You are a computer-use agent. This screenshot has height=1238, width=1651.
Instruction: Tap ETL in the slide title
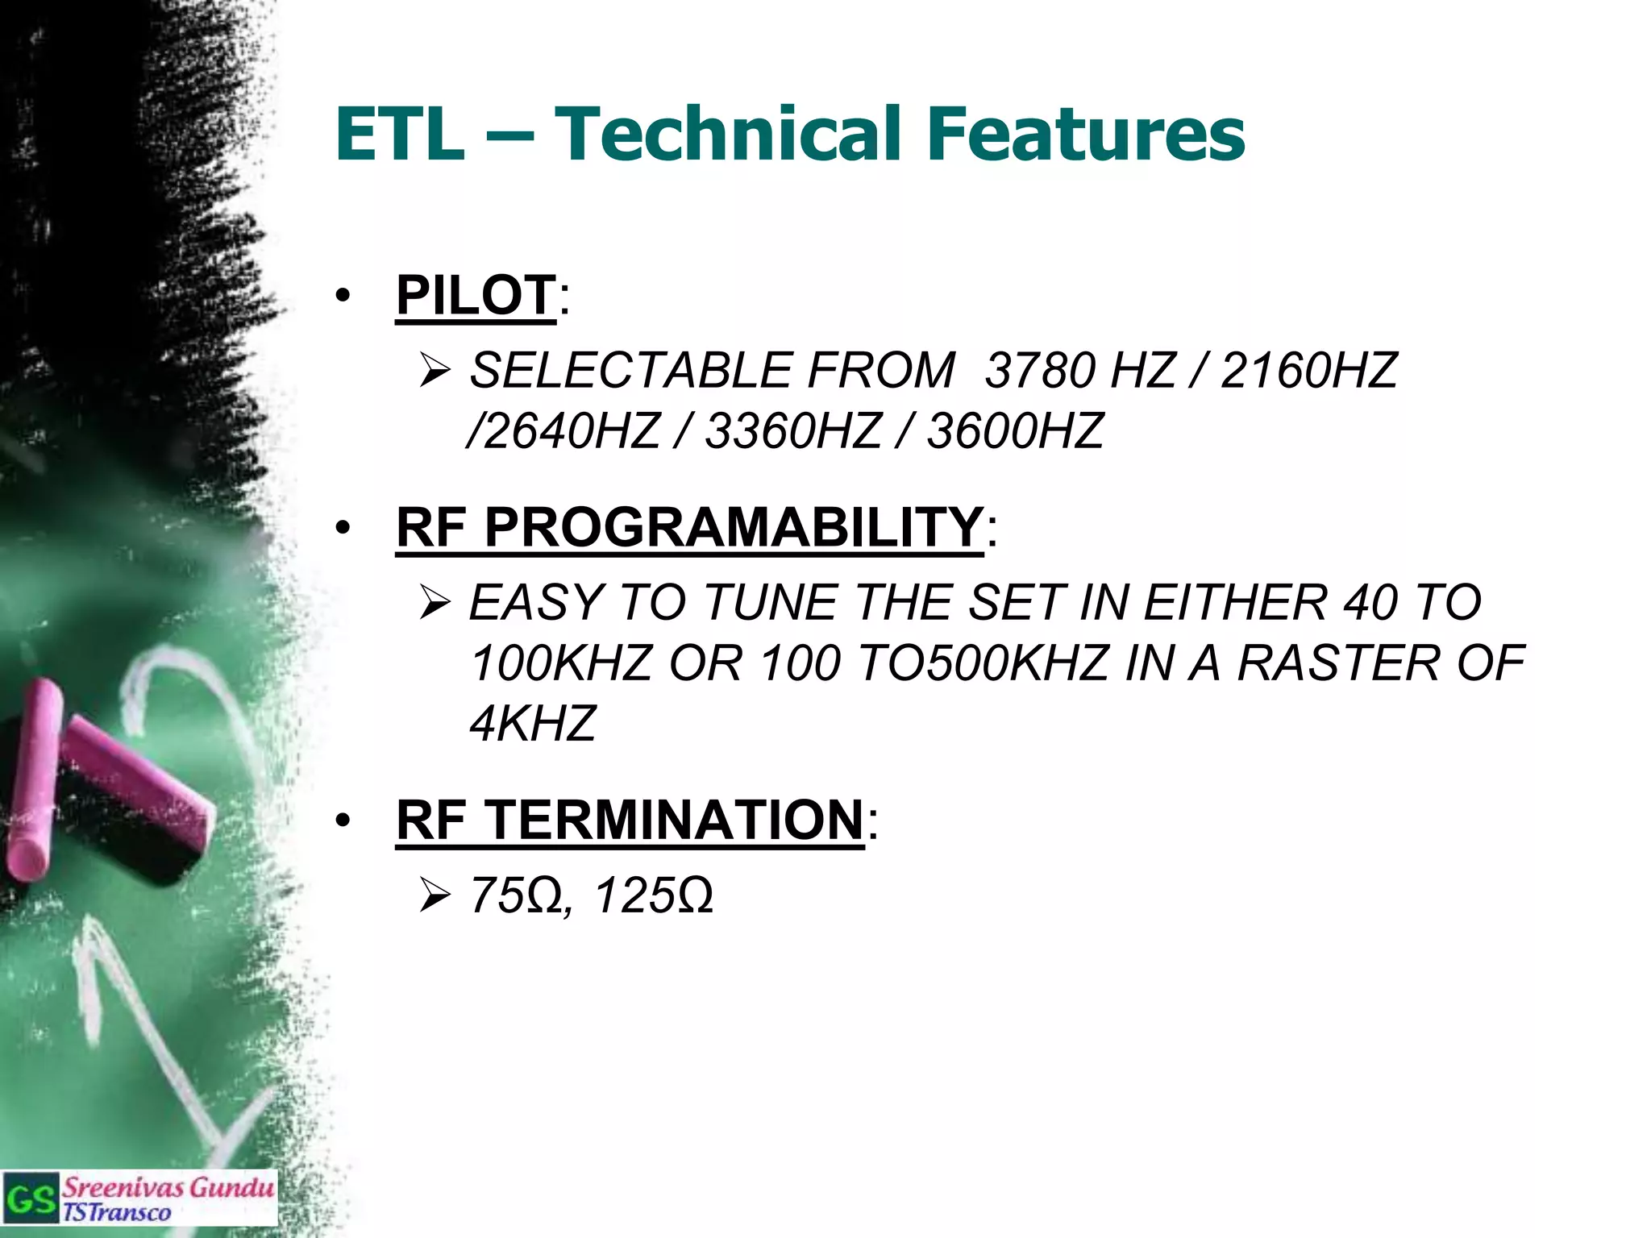click(x=399, y=135)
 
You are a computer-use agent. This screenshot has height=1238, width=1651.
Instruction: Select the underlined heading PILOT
click(x=476, y=295)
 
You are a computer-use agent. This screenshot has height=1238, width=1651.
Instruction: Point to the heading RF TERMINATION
click(x=630, y=820)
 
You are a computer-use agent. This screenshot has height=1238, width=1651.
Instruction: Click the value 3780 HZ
click(x=1079, y=371)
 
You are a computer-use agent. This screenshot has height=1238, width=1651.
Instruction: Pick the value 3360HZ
click(x=793, y=431)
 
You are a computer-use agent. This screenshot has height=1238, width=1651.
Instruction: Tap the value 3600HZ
click(x=1015, y=431)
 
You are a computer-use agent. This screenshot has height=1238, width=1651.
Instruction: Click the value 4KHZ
click(x=533, y=723)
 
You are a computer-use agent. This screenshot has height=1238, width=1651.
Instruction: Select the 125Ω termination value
click(x=653, y=895)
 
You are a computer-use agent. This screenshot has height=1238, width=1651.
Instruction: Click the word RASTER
click(x=1337, y=663)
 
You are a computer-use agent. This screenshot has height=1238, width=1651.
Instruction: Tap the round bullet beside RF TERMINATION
click(x=344, y=821)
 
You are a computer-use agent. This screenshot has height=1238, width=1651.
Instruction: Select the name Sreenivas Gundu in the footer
click(x=168, y=1187)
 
